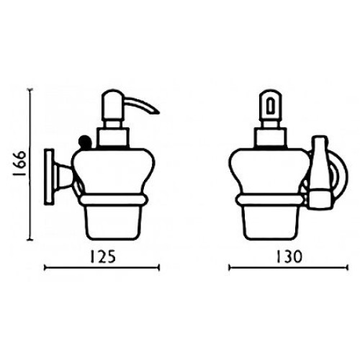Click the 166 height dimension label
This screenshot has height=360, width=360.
(19, 164)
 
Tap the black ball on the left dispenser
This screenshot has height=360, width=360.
(84, 141)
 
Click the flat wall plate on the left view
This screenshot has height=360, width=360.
(49, 177)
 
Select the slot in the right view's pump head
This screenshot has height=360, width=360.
(271, 105)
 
